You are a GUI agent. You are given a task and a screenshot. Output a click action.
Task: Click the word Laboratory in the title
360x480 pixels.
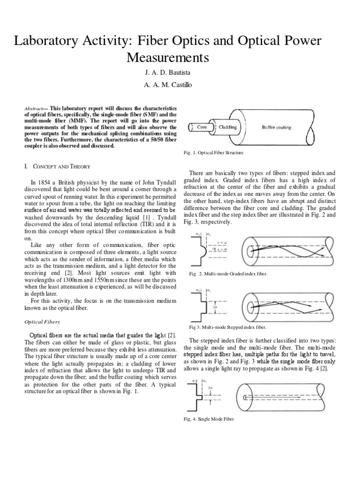point(55,41)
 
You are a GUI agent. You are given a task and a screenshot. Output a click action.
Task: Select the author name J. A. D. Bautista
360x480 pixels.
point(180,74)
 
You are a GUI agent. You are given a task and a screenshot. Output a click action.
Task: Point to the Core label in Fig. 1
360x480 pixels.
point(202,127)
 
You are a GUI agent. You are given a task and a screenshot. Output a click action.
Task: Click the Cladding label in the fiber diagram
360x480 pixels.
point(228,127)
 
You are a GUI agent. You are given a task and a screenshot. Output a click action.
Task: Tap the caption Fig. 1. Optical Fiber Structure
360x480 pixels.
point(213,153)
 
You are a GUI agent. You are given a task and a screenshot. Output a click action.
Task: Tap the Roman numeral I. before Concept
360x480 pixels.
point(27,166)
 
